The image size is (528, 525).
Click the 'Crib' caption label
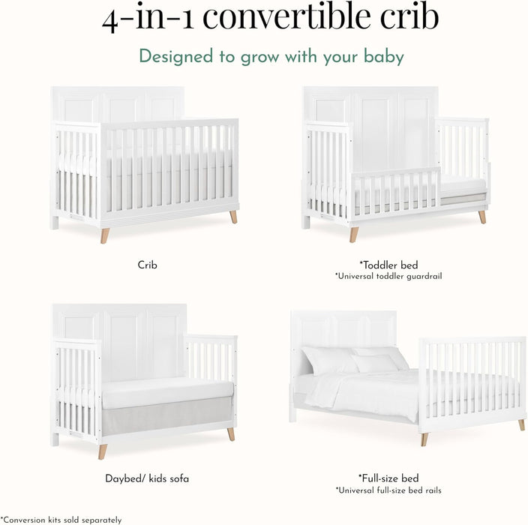[147, 265]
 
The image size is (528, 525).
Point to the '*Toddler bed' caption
[388, 265]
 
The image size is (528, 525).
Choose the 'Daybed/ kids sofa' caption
[147, 478]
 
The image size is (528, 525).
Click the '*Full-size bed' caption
[388, 478]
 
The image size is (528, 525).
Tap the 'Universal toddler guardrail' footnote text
[388, 276]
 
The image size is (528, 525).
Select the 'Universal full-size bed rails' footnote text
[388, 490]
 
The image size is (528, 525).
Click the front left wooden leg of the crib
[105, 235]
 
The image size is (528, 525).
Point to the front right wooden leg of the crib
[233, 216]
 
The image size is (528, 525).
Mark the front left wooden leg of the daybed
[103, 451]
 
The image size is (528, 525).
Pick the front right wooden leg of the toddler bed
[482, 216]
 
